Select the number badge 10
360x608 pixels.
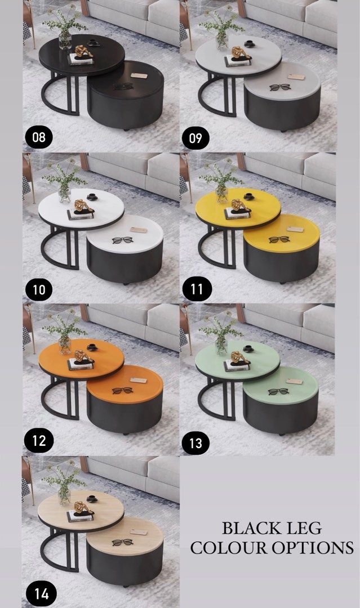click(x=39, y=290)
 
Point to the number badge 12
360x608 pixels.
click(x=39, y=440)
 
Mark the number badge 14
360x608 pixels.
click(x=39, y=593)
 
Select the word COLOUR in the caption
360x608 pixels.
click(x=229, y=548)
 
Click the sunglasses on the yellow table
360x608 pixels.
click(x=279, y=240)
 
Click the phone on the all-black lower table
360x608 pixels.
click(x=138, y=76)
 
